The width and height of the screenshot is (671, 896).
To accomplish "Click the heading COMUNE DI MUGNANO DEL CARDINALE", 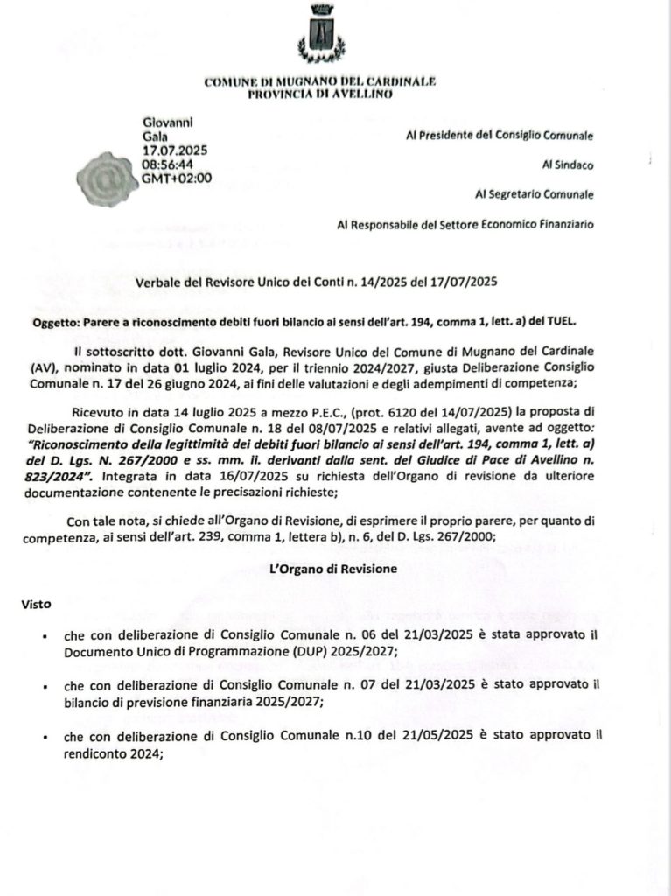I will click(x=319, y=81).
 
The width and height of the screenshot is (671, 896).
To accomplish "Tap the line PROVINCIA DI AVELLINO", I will click(x=319, y=94).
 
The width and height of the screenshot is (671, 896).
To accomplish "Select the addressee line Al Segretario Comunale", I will click(x=534, y=194).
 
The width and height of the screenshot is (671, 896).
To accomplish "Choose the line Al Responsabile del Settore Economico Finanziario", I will click(x=465, y=224).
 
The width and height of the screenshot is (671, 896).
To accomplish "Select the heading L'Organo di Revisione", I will click(x=336, y=569).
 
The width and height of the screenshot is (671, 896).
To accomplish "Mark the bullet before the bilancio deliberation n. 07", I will click(x=45, y=688).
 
